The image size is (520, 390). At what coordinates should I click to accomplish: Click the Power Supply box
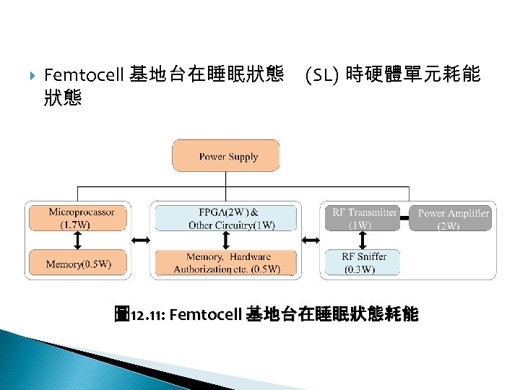tap(225, 156)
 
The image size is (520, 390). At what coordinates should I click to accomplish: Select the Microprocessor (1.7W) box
tap(78, 218)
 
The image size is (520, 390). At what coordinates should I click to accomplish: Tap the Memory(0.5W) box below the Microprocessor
tap(78, 264)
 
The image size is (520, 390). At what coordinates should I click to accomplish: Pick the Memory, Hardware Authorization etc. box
tap(225, 264)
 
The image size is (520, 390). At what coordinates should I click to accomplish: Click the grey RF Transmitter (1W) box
tap(361, 218)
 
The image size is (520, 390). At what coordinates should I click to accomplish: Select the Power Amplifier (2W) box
tap(453, 218)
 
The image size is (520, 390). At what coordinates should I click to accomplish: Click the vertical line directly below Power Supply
tap(225, 179)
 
